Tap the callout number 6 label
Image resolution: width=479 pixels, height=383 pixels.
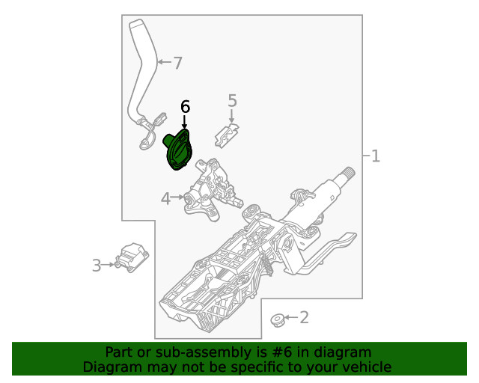(x=185, y=107)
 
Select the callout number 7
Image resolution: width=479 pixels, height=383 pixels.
(x=177, y=64)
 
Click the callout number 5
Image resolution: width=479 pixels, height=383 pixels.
(x=232, y=100)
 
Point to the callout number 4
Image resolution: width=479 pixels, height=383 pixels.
(x=165, y=198)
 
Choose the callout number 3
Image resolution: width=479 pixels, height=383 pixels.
(x=97, y=265)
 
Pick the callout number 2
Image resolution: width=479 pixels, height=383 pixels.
(x=304, y=318)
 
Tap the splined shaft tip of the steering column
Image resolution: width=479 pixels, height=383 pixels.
(x=348, y=174)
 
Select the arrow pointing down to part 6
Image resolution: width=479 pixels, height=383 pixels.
(x=185, y=122)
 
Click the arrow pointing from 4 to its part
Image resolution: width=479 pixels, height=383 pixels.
(x=178, y=198)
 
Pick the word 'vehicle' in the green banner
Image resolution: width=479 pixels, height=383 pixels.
(x=364, y=367)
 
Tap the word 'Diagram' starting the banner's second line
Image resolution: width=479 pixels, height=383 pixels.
(x=109, y=367)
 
